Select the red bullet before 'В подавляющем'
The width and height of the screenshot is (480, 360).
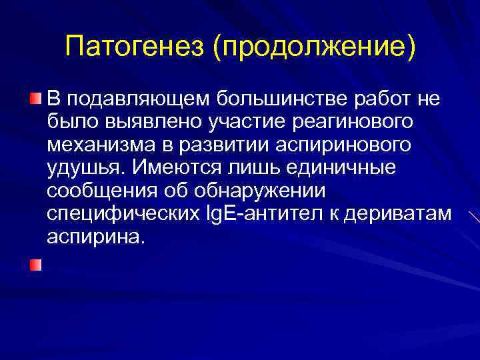[x=35, y=99]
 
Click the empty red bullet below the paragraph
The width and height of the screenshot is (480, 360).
[x=35, y=265]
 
